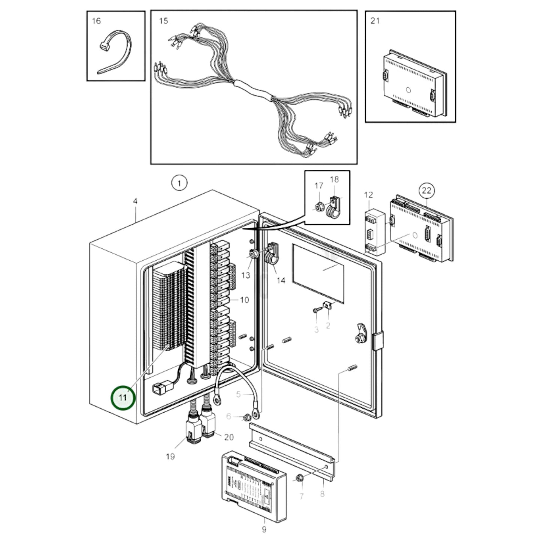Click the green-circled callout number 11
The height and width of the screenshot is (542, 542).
tap(123, 398)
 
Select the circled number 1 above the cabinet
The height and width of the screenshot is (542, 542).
tap(179, 183)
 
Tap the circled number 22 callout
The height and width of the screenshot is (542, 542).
tap(426, 191)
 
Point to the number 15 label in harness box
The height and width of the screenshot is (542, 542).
tap(164, 21)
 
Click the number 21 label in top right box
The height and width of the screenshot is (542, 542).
tap(375, 21)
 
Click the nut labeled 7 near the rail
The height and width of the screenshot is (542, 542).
tap(299, 478)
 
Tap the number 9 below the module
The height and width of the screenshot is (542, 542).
tap(264, 529)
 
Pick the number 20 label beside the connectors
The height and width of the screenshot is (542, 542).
tap(229, 437)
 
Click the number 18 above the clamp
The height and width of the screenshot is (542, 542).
tap(335, 180)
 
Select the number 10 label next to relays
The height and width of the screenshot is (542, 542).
tap(244, 300)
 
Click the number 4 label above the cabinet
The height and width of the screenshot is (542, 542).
tap(135, 201)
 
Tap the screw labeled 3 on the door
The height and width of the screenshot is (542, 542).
tap(315, 311)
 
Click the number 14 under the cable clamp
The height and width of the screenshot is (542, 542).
tap(281, 280)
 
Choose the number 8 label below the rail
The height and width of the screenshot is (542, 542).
tap(322, 494)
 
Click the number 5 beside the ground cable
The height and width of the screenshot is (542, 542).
tap(239, 394)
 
